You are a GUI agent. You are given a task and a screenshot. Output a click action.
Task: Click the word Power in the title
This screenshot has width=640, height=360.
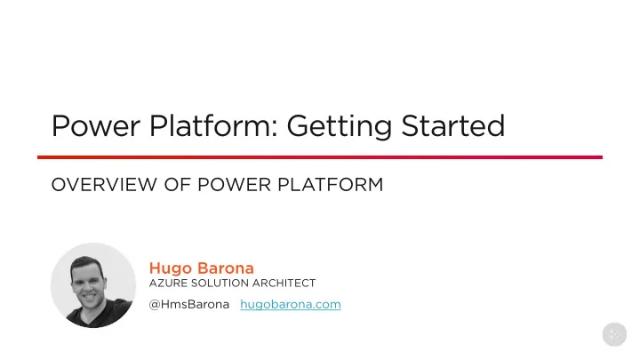96,125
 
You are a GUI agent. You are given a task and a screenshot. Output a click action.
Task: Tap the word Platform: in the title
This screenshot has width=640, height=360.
213,125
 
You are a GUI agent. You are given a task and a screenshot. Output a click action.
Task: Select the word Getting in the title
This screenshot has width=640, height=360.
340,126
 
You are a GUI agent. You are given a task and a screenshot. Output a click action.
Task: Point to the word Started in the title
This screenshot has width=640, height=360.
453,125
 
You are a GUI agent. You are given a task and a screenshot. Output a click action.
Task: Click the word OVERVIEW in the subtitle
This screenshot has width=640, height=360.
104,185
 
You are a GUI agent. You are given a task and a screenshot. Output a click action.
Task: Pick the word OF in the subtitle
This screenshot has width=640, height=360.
177,185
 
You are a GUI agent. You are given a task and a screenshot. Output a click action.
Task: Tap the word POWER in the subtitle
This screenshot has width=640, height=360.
234,185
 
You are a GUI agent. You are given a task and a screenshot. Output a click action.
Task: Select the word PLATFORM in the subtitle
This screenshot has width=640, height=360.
330,185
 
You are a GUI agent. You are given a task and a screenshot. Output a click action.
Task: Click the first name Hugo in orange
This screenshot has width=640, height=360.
171,268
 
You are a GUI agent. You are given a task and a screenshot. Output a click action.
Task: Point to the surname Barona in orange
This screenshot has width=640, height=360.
226,268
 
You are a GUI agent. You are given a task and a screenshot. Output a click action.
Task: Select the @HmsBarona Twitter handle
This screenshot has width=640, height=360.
189,305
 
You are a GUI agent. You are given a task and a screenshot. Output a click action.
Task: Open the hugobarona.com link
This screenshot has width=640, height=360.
291,305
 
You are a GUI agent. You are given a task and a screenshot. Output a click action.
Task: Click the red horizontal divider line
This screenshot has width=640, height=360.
320,157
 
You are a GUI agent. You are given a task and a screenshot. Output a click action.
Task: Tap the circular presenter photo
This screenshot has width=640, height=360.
93,285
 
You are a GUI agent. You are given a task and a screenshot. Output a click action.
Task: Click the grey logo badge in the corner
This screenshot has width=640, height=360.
614,335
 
